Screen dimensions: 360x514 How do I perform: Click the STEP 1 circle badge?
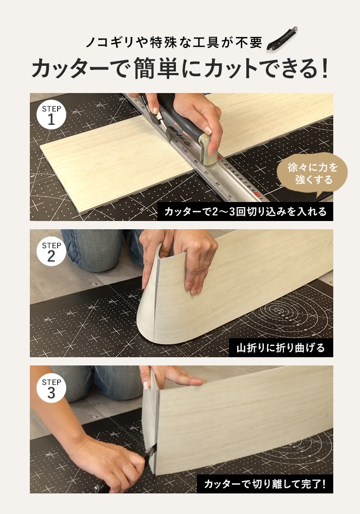[51, 115]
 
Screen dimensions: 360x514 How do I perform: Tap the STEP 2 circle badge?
[51, 251]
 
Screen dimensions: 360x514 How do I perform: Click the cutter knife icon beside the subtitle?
[282, 39]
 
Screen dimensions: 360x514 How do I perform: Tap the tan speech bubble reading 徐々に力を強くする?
[312, 174]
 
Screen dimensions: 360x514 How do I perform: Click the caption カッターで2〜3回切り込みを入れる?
[245, 211]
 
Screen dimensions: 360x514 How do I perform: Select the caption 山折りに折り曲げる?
[281, 348]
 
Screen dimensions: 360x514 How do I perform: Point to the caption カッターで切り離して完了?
[265, 484]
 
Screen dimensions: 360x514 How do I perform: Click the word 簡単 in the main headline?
[156, 68]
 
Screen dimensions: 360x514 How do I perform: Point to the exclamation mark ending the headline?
[325, 68]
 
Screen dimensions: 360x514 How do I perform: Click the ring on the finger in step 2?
[206, 261]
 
